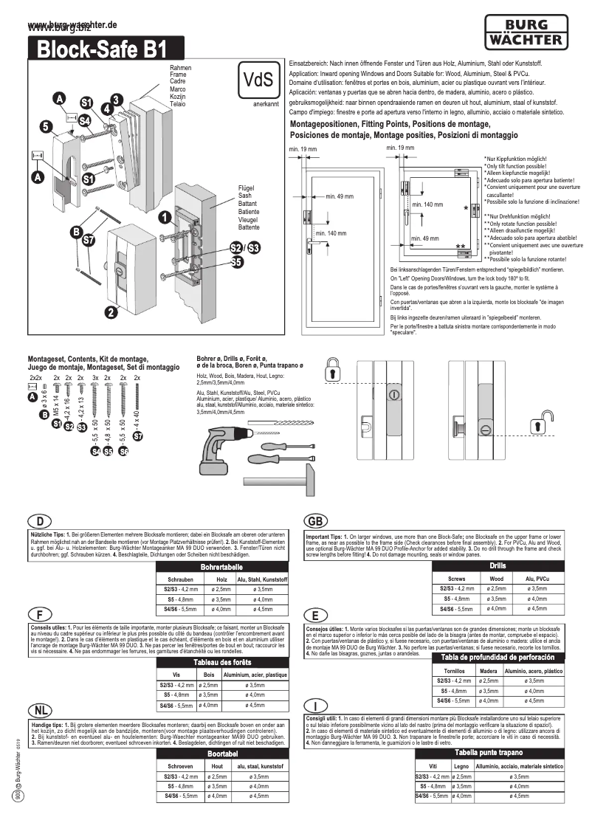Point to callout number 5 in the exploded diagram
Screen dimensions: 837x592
click(46, 127)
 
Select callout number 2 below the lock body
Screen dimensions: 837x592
click(110, 312)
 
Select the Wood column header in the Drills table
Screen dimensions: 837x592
click(497, 579)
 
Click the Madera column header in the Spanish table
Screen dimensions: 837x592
click(488, 671)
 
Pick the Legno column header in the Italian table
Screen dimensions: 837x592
click(461, 767)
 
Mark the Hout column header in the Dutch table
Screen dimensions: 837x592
click(217, 767)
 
